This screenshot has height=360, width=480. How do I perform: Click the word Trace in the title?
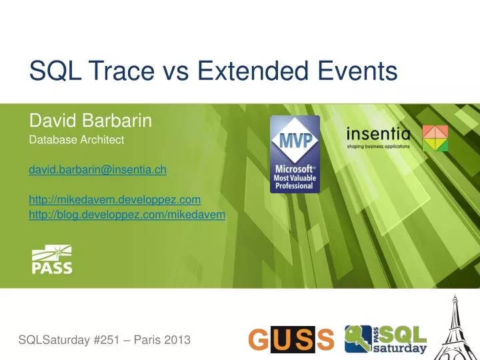114,71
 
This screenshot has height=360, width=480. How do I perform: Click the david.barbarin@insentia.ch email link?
97,171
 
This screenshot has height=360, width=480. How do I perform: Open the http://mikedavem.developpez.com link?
115,199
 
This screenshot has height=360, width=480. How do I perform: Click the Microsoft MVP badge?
295,155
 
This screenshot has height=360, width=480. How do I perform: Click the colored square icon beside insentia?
435,137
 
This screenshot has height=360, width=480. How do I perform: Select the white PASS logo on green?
52,260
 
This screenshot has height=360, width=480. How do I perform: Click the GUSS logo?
291,340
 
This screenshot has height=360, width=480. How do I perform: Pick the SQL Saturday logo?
385,339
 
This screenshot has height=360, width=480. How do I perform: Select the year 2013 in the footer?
177,340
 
